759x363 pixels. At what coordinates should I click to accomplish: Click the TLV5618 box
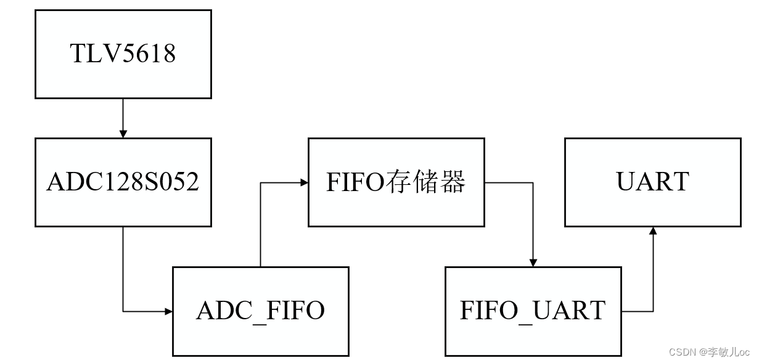(x=123, y=54)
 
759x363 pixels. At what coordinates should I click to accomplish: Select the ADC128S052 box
(x=123, y=182)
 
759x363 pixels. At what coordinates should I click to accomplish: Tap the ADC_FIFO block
(x=260, y=311)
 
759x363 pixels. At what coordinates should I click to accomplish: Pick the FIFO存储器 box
(x=396, y=182)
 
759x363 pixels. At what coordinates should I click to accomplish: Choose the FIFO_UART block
(x=533, y=311)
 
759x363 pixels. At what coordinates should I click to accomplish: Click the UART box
(x=652, y=182)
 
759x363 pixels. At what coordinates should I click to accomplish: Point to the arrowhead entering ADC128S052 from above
(x=123, y=134)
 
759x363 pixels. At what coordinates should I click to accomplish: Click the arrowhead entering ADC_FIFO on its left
(x=168, y=312)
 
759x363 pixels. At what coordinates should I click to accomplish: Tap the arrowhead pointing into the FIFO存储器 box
(x=304, y=182)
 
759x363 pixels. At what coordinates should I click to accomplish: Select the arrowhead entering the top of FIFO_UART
(x=533, y=263)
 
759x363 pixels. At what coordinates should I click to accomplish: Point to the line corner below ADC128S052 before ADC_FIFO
(x=123, y=312)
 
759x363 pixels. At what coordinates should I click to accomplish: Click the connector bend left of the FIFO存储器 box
(x=260, y=182)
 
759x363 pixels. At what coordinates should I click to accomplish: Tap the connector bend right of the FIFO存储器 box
(x=533, y=182)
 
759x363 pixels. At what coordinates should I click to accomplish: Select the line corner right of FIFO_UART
(x=653, y=312)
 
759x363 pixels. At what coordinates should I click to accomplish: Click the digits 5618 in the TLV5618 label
(x=148, y=54)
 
